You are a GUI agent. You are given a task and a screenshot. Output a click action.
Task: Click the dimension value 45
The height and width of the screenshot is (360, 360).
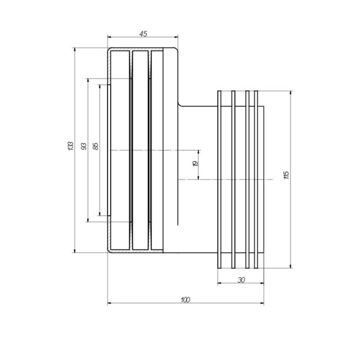(x=143, y=34)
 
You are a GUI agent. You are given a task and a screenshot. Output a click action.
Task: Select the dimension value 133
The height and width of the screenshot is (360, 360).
(x=71, y=146)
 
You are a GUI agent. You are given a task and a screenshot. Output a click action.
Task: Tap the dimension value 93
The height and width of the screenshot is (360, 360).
(x=84, y=147)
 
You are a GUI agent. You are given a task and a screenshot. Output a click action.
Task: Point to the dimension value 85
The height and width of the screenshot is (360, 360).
(x=96, y=146)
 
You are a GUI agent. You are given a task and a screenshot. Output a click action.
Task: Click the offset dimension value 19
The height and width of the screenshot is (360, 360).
(x=195, y=164)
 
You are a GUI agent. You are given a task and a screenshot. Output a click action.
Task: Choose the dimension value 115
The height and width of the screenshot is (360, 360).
(x=286, y=175)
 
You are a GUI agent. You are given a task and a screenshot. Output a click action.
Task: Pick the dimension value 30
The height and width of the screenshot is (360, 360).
(x=241, y=280)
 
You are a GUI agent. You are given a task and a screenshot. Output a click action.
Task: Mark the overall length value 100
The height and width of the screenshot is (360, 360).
(x=185, y=300)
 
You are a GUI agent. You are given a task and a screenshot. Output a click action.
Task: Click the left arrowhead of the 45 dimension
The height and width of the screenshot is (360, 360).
(x=110, y=37)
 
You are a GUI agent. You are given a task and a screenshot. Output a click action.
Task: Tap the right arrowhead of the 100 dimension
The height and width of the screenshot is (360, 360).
(x=262, y=303)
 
